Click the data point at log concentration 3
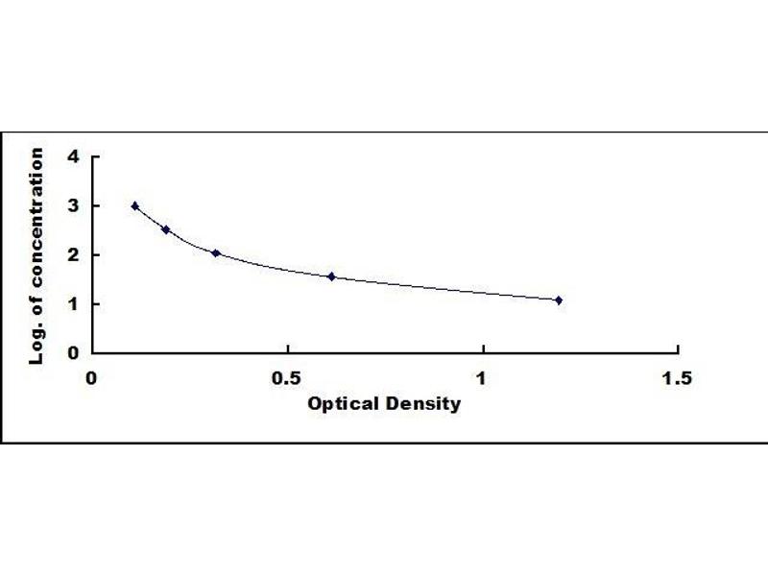[x=135, y=205]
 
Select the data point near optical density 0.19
[x=166, y=229]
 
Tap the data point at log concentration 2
[x=216, y=253]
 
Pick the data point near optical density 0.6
[x=331, y=276]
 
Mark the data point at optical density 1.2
[x=559, y=300]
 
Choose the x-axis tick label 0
[x=92, y=378]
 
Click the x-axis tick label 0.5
[x=287, y=378]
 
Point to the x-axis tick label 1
[x=483, y=378]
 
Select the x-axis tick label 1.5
[x=677, y=378]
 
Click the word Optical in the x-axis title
[x=340, y=403]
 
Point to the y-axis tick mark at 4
[x=94, y=156]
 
